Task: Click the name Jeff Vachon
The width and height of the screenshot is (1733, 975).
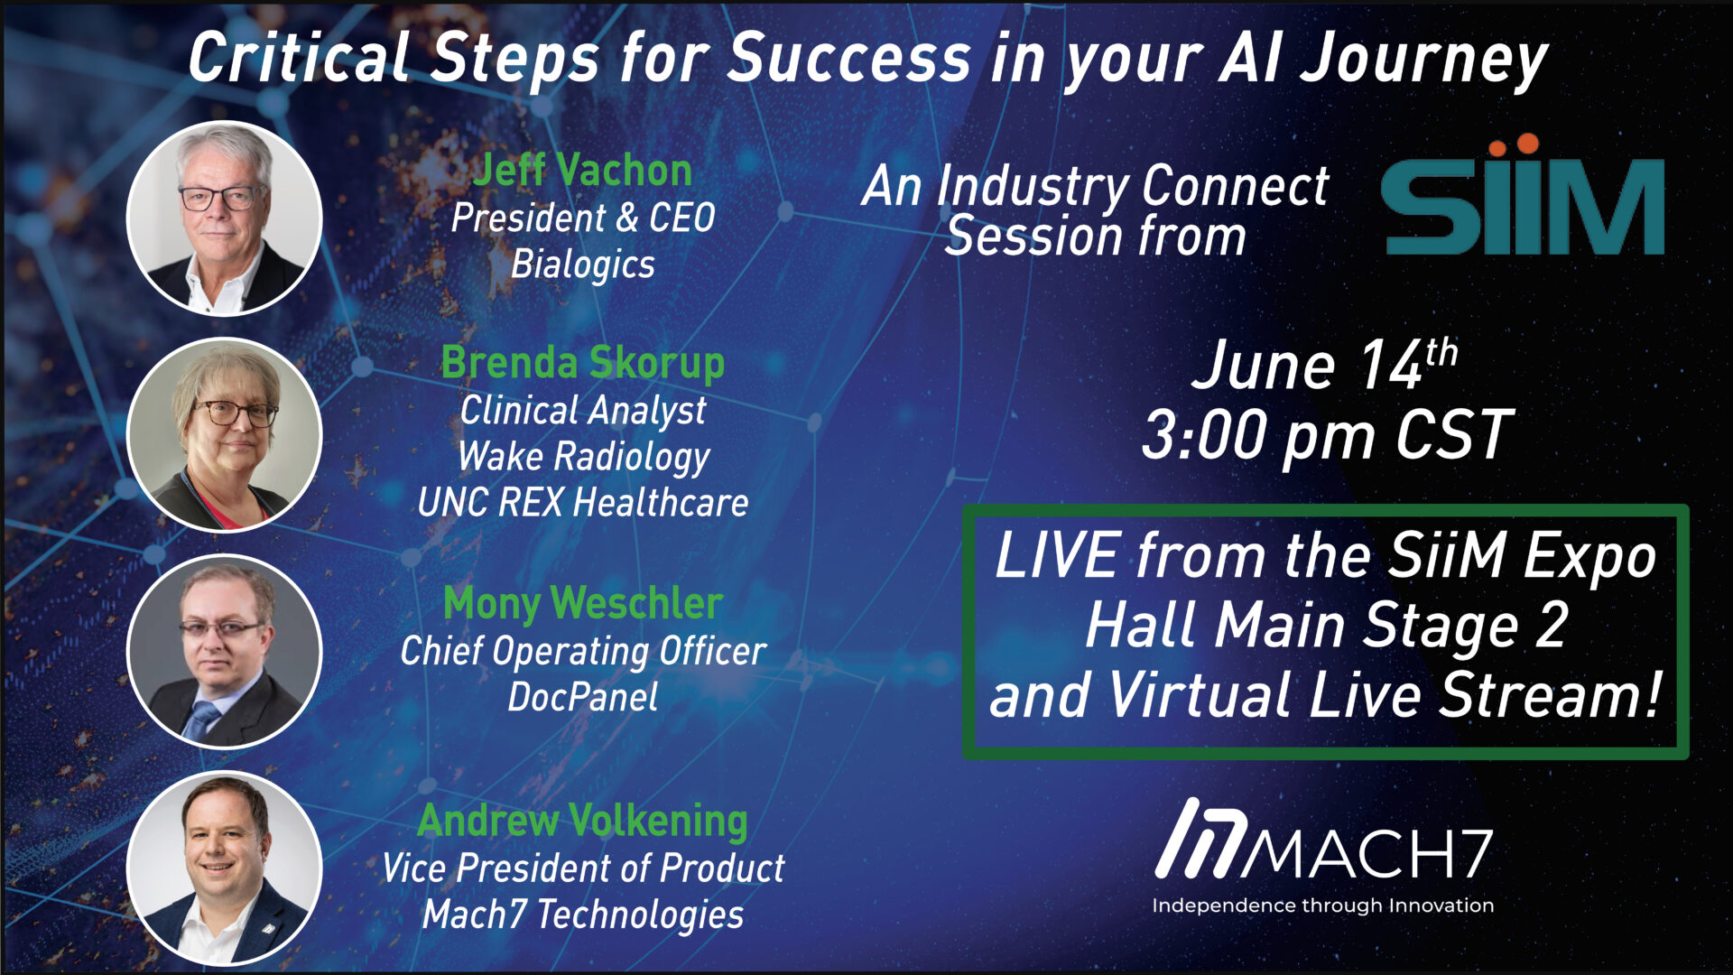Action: pos(583,170)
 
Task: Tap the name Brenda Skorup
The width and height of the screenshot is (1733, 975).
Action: pos(583,363)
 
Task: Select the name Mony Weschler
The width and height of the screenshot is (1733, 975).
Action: pos(583,603)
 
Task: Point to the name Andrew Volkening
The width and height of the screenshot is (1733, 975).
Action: pos(583,821)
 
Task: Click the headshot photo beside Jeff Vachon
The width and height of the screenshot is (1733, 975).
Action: pos(225,218)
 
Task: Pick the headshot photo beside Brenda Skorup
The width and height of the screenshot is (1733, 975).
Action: pos(225,435)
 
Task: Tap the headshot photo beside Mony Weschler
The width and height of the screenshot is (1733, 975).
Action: pos(225,652)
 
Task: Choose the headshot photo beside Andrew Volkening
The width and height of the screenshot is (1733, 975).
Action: pos(225,868)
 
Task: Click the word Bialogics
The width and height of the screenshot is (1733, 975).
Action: pos(583,265)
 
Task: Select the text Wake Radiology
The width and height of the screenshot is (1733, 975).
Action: pos(584,457)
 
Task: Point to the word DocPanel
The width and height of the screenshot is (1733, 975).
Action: pos(583,697)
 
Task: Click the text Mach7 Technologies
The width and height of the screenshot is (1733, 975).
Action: pos(583,915)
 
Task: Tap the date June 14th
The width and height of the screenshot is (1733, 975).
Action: pos(1324,365)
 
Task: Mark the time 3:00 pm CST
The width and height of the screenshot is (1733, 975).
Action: pos(1327,435)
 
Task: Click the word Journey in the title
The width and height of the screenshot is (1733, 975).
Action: pos(1423,60)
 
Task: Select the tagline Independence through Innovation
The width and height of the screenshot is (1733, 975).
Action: pos(1323,905)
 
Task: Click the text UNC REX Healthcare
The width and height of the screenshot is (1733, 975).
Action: pos(583,503)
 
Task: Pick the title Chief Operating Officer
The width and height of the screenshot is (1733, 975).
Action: pos(583,651)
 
